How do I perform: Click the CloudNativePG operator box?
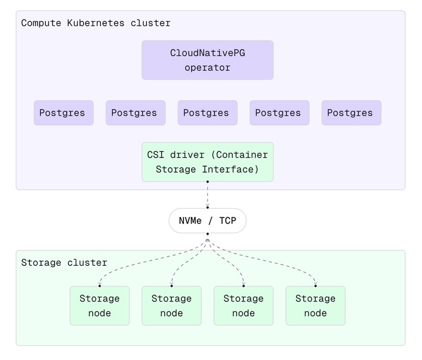coord(207,60)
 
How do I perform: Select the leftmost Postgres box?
coord(64,113)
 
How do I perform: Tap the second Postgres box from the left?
coord(136,113)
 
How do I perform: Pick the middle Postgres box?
coord(207,113)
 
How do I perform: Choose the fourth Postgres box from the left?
coord(279,113)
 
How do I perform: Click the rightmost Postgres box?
coord(351,113)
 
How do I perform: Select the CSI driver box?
coord(207,162)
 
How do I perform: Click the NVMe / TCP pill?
coord(207,221)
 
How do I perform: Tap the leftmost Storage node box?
coord(99,306)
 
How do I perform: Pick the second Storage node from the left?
coord(171,306)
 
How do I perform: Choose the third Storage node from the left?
coord(243,306)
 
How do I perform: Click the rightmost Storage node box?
coord(315,306)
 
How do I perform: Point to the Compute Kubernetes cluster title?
coord(96,23)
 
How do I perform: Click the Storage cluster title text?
coord(64,263)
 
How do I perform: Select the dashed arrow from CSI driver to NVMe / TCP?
coord(207,195)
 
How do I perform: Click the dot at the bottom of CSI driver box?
coord(207,181)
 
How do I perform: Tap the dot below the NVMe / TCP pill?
coord(207,234)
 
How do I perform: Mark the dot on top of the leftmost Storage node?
coord(99,286)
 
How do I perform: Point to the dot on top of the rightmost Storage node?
coord(315,286)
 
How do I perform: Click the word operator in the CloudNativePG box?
coord(207,68)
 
